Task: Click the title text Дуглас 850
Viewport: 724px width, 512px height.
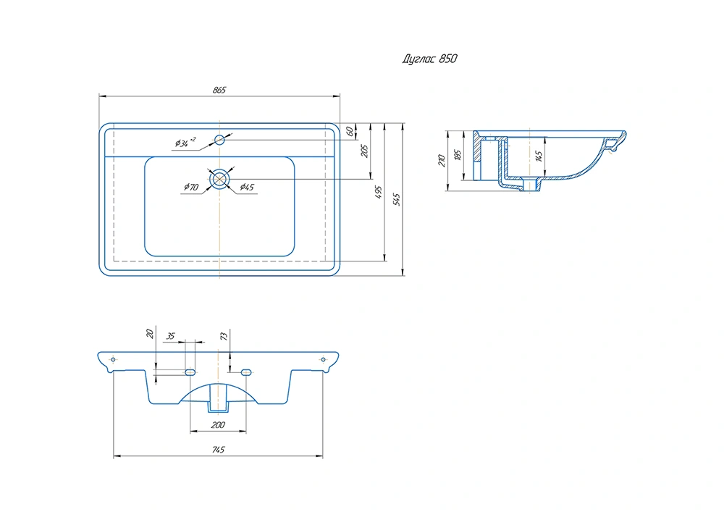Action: tap(430, 59)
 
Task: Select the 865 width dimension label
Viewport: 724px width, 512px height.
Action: tap(219, 90)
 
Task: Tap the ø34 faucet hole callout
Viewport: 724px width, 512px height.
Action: tap(185, 143)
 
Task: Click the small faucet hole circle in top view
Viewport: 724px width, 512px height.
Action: tap(219, 140)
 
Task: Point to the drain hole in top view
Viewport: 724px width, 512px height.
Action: tap(219, 179)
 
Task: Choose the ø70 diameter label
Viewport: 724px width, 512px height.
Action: tap(190, 187)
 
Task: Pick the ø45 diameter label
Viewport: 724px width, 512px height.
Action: tap(247, 187)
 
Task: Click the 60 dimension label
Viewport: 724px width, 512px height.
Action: tap(350, 132)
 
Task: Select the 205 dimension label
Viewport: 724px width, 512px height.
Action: tap(364, 151)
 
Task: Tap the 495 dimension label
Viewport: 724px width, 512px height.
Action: tap(379, 192)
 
